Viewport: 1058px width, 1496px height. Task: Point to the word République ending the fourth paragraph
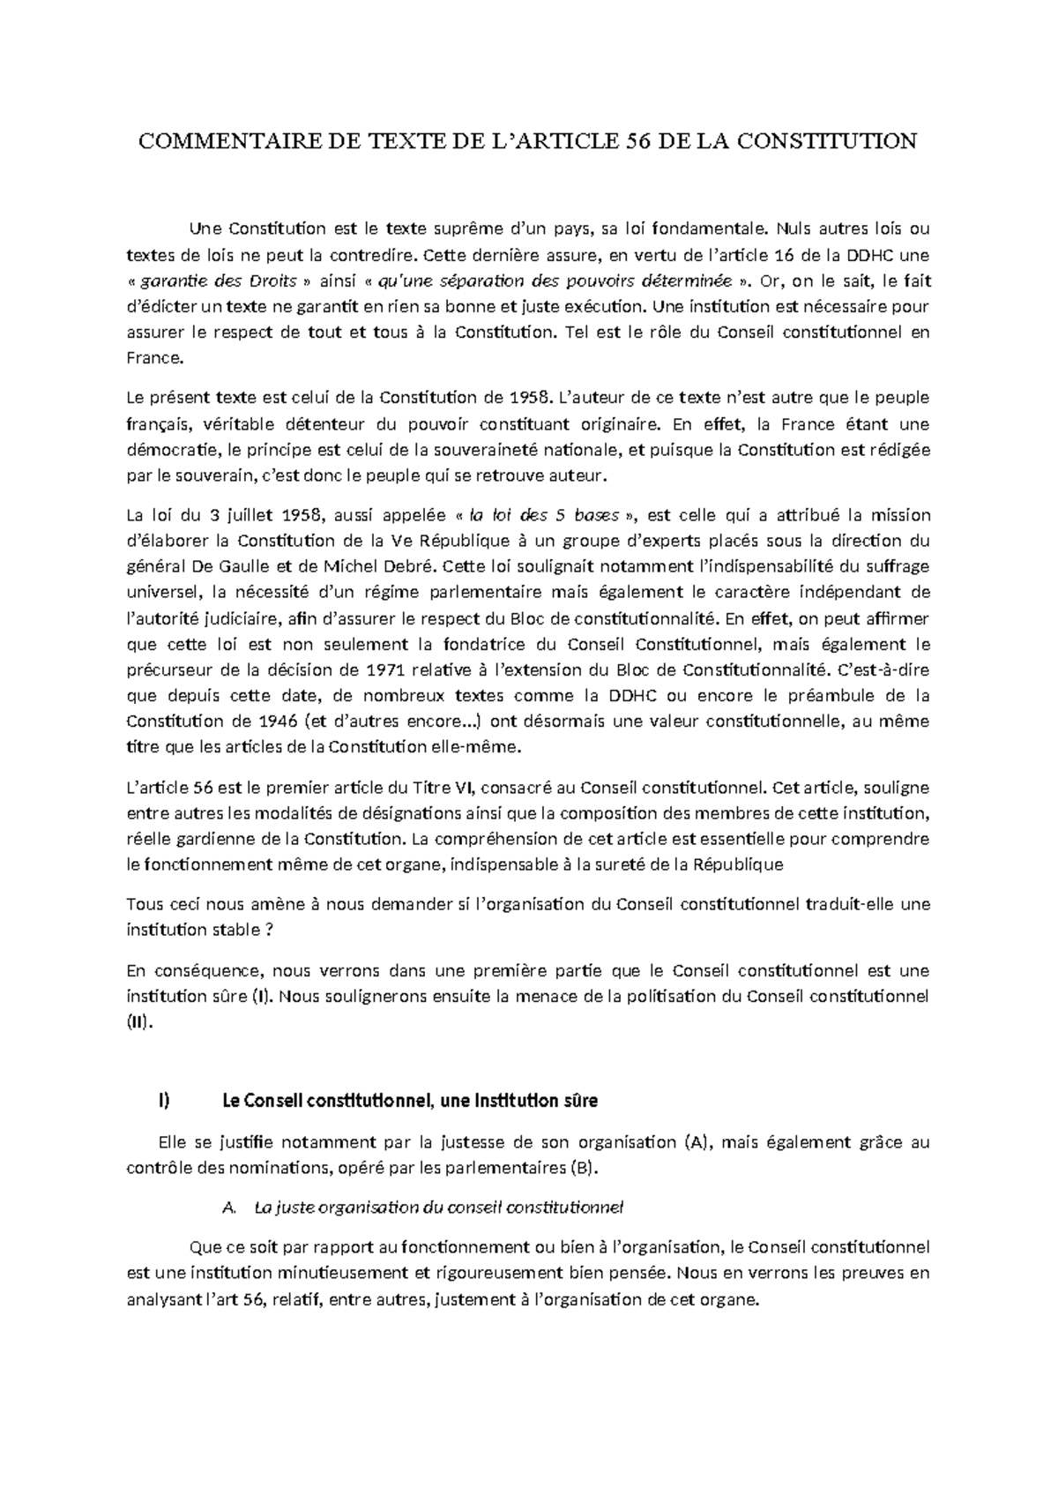click(738, 865)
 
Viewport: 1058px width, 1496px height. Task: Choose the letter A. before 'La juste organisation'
click(232, 1208)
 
